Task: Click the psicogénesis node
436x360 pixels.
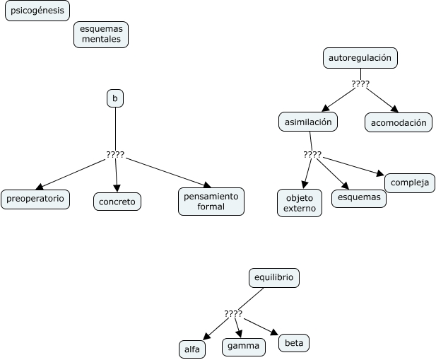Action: click(x=37, y=11)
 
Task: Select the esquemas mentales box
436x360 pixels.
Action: click(x=101, y=35)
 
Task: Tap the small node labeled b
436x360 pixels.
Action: click(x=115, y=98)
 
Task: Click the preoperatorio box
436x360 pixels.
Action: click(x=35, y=199)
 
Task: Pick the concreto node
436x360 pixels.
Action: click(x=117, y=202)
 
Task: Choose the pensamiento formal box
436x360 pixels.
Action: click(x=211, y=201)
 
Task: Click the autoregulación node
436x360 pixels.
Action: click(x=360, y=58)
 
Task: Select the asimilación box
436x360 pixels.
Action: click(x=308, y=122)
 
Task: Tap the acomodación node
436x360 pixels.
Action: click(x=399, y=122)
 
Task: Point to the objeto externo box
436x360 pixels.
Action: click(x=300, y=203)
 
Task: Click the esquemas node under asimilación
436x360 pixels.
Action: click(x=359, y=198)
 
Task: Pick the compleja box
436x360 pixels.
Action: click(x=410, y=182)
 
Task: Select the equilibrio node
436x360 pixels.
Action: click(x=274, y=278)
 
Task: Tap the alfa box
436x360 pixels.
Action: click(x=192, y=349)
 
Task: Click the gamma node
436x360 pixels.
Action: click(x=244, y=347)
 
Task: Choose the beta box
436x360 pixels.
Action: click(x=294, y=343)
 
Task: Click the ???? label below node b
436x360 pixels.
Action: click(x=115, y=155)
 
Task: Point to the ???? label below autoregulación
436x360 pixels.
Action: click(x=360, y=84)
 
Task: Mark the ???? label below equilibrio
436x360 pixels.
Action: click(x=233, y=313)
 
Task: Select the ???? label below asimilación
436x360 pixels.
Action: click(x=312, y=154)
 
